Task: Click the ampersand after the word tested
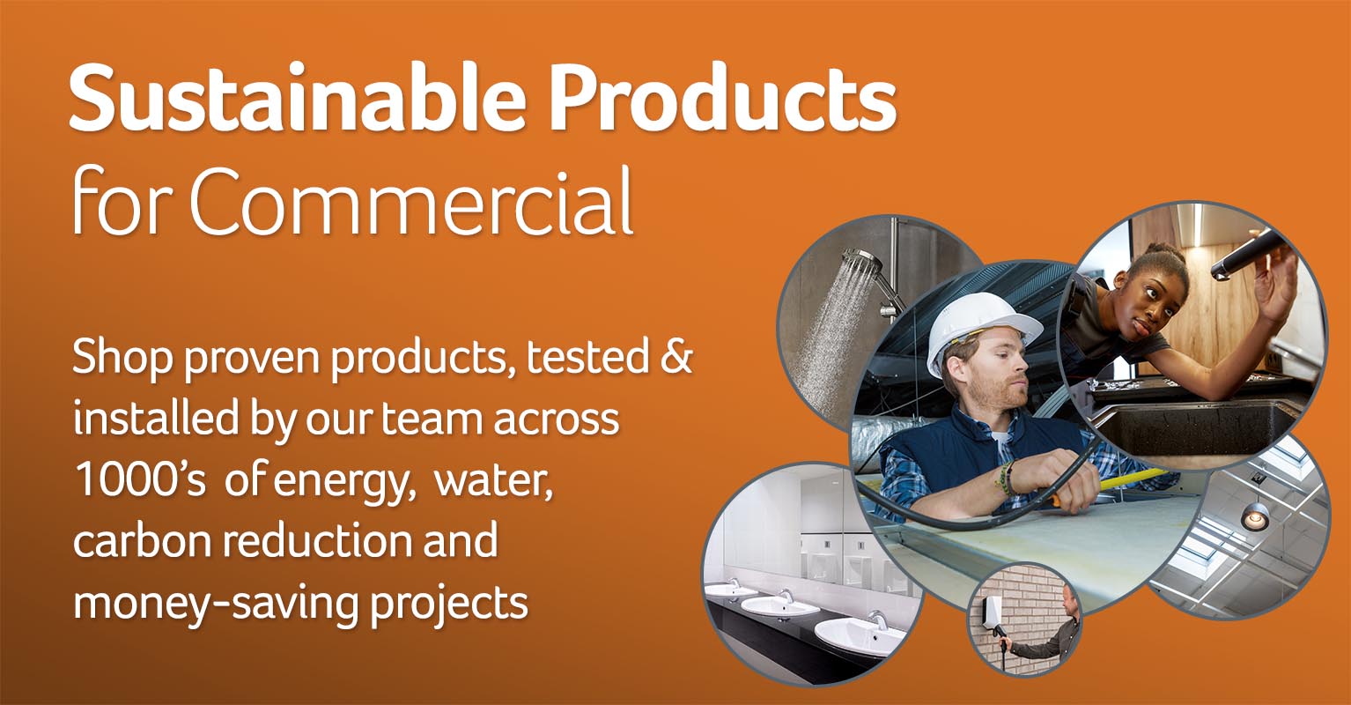coord(675,356)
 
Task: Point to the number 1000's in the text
coord(140,480)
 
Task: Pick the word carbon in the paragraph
coord(143,540)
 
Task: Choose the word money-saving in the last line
coord(215,603)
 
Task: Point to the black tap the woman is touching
coord(1245,255)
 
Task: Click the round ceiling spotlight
coord(1255,517)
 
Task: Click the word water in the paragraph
coord(492,482)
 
